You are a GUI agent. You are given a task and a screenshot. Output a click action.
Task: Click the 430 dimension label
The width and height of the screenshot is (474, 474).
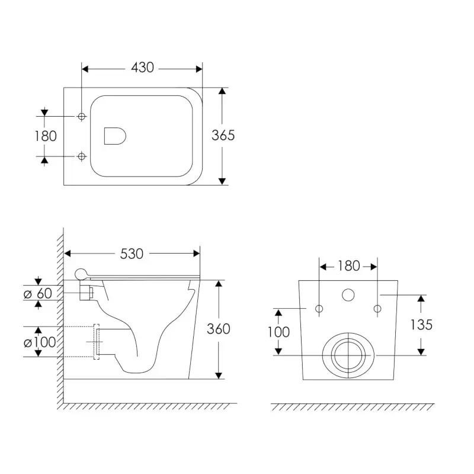coord(142,68)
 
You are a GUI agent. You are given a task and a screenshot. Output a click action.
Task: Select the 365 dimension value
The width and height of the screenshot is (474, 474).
coord(223,136)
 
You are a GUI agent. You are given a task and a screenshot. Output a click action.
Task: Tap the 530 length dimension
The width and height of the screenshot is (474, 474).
coord(132,254)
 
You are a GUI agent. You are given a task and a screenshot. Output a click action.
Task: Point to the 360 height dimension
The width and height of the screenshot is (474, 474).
coord(218,329)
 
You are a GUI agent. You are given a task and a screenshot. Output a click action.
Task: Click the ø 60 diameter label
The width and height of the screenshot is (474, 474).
coord(38,293)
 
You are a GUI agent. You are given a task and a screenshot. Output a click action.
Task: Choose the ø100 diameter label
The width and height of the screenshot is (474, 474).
coord(40,342)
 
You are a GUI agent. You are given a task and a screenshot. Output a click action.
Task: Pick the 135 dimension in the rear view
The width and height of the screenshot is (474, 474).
coord(421,325)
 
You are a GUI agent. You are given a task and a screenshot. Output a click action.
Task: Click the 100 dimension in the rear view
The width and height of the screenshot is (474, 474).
coord(278,332)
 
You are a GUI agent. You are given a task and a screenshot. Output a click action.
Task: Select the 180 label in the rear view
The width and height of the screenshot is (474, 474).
coord(348,266)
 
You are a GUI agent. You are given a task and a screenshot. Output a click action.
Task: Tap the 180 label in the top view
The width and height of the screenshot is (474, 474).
coord(46,136)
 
